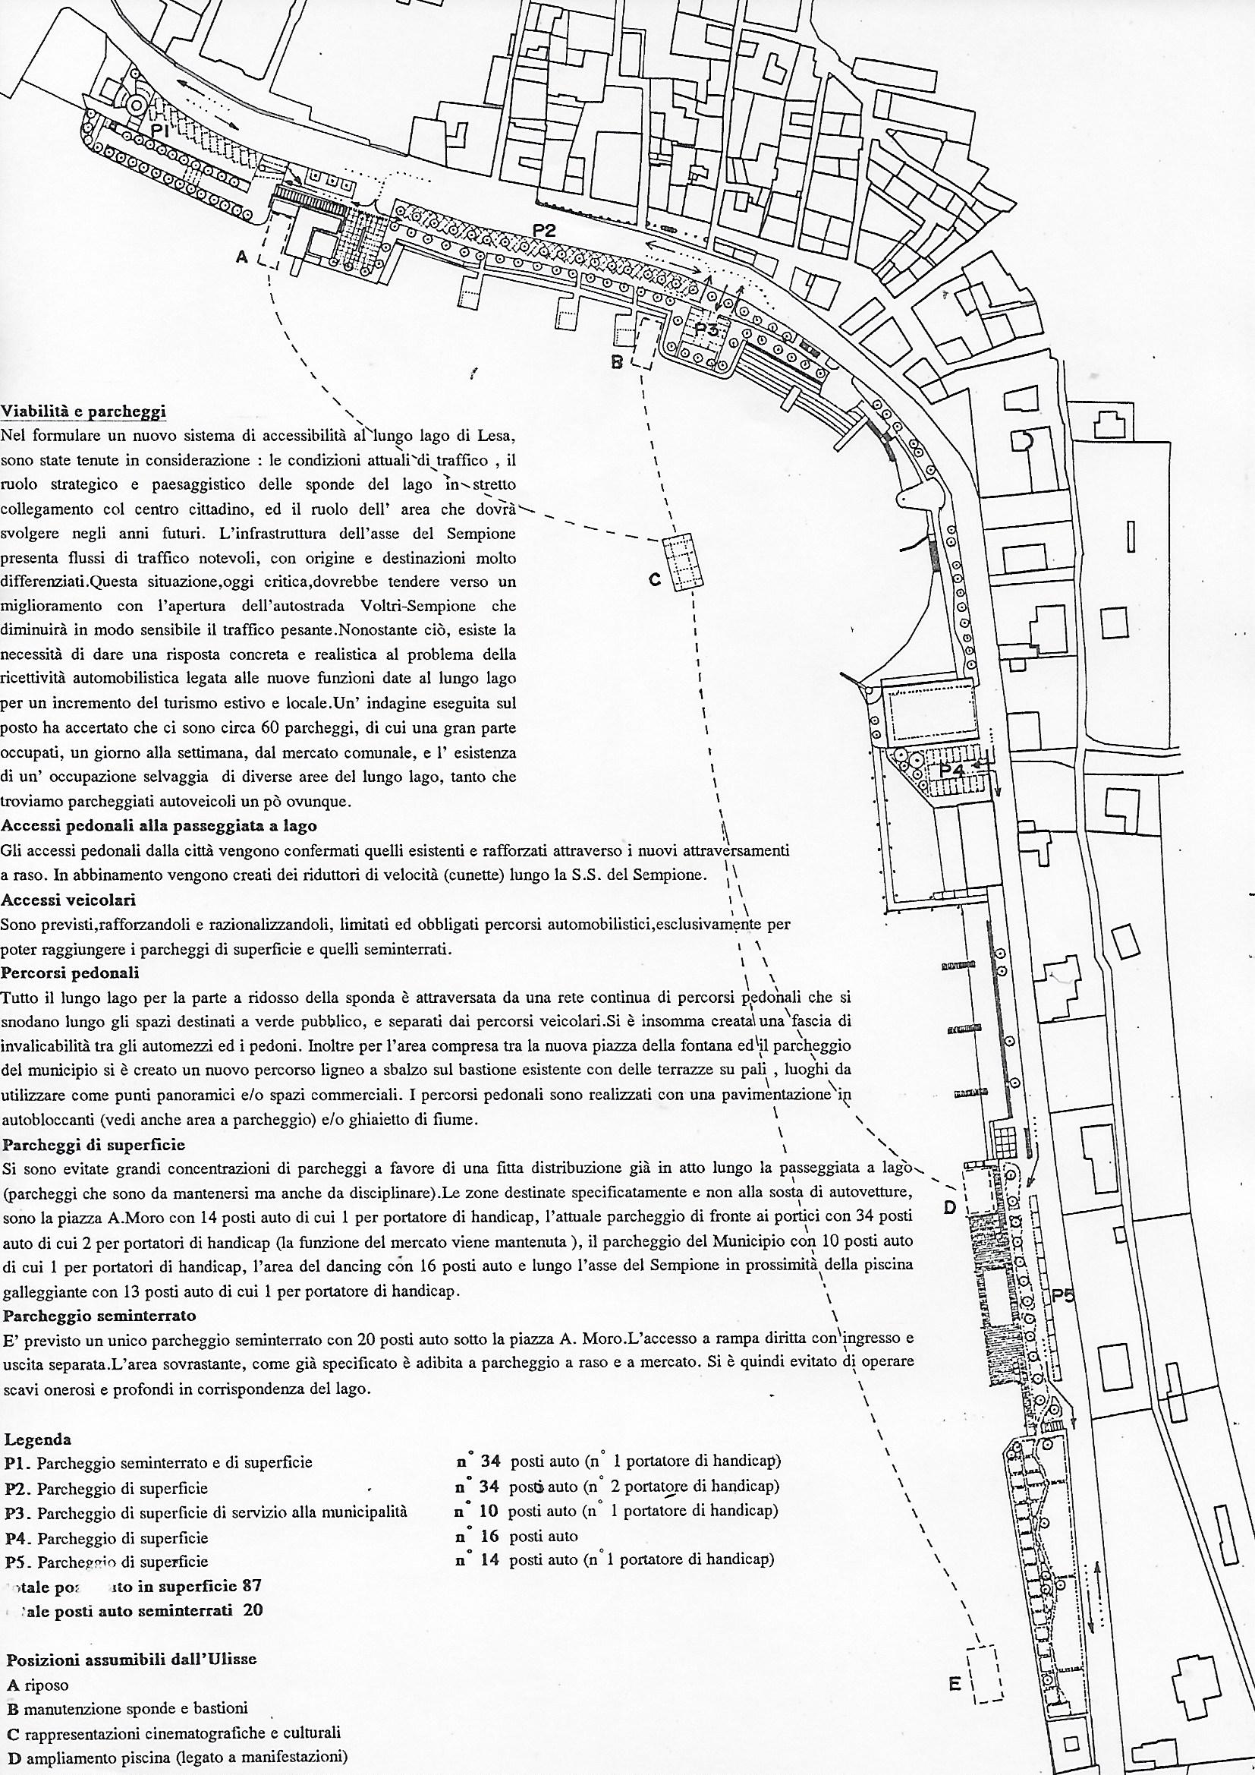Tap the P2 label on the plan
click(x=544, y=229)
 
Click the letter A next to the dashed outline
click(x=242, y=257)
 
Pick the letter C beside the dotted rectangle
click(x=655, y=580)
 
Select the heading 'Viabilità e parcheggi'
click(x=83, y=411)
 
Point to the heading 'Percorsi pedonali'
click(x=70, y=973)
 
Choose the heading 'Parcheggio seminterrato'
click(x=99, y=1315)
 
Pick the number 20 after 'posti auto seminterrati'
click(x=252, y=1610)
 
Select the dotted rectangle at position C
click(x=683, y=562)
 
